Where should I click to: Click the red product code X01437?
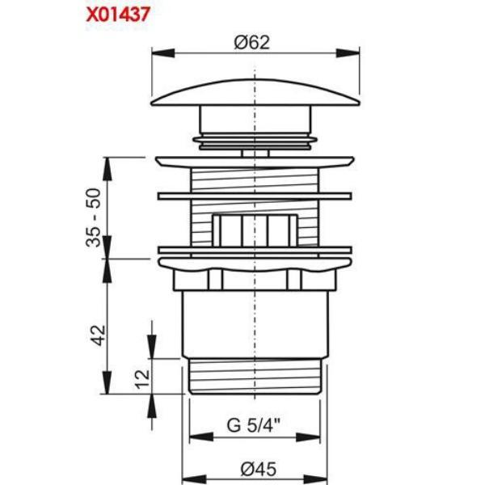[x=118, y=15]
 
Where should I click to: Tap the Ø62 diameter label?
[x=251, y=42]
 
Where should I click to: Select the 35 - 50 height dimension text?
[x=94, y=217]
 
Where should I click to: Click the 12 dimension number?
[x=142, y=379]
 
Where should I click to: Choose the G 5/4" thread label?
[x=254, y=425]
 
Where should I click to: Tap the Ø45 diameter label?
[x=259, y=469]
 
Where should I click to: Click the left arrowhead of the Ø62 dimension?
[x=163, y=53]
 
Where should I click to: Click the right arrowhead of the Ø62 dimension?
[x=348, y=53]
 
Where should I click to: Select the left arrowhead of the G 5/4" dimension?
[x=201, y=437]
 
